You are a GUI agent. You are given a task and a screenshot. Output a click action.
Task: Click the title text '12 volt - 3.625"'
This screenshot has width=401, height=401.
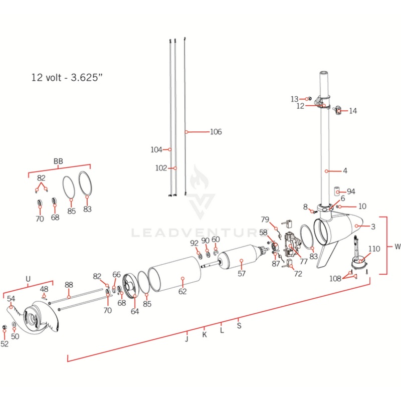coord(67,78)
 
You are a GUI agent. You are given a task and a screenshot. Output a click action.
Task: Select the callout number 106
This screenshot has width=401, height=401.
coord(215,132)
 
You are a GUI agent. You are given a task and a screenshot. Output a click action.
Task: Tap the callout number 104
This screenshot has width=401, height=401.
coord(156,149)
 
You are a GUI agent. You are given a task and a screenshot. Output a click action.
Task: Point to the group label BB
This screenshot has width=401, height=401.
coord(58,161)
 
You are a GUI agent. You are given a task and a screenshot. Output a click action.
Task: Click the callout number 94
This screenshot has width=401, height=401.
coord(351,192)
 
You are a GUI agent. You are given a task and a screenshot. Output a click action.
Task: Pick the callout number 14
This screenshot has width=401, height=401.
coord(353,111)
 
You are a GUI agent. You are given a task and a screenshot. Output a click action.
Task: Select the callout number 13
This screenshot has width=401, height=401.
coord(294,99)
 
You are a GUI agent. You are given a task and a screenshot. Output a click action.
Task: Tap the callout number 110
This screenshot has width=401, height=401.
coord(374,249)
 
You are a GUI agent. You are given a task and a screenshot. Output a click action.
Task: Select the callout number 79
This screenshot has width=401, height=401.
coord(265,220)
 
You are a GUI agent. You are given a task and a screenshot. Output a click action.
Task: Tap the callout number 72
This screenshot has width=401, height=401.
coord(298,274)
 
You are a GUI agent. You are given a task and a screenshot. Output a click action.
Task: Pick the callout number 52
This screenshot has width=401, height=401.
coord(5,344)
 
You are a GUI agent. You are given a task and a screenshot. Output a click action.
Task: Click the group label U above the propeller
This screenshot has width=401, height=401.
coord(28,278)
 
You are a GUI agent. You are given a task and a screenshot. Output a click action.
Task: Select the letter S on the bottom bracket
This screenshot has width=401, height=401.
coord(239,325)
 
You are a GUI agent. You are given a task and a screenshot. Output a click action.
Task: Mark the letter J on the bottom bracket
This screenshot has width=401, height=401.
coord(186,339)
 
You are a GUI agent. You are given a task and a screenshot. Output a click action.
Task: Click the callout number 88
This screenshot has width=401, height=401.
coord(69,284)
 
